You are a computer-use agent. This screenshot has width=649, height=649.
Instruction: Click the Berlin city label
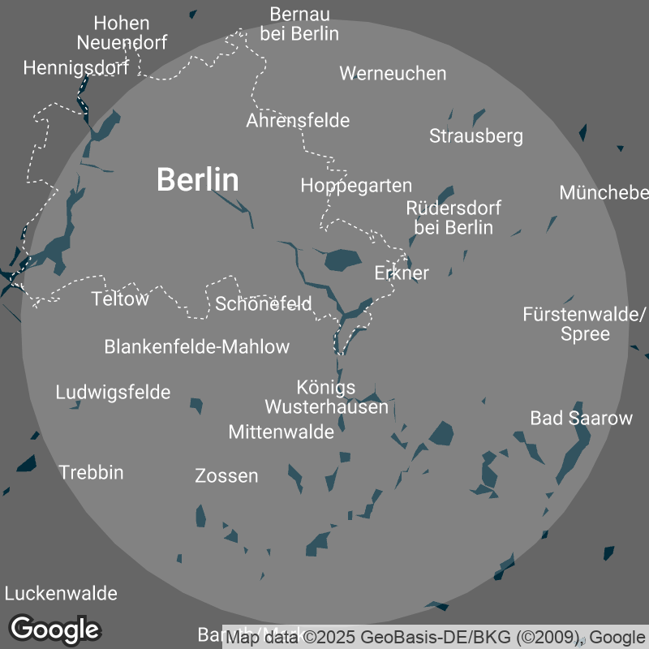click(198, 179)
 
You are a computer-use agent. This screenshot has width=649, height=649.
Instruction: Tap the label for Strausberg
click(476, 135)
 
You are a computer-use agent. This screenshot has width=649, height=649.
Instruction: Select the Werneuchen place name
click(393, 73)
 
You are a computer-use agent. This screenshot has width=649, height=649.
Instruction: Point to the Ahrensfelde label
click(298, 121)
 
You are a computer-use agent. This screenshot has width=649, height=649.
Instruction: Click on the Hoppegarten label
click(356, 186)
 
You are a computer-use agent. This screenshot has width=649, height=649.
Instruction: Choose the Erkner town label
click(402, 273)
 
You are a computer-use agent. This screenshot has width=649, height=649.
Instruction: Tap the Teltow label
click(120, 299)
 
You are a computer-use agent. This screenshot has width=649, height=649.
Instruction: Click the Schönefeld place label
click(264, 304)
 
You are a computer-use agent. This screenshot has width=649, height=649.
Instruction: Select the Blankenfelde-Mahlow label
click(197, 347)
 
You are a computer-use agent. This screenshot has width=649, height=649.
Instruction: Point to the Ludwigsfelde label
click(113, 393)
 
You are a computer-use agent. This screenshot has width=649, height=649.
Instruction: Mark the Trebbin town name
click(91, 472)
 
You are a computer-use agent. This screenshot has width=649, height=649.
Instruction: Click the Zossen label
click(227, 476)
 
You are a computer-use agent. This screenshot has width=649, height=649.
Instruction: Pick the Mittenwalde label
click(281, 432)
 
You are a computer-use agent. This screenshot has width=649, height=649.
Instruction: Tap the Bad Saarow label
click(581, 419)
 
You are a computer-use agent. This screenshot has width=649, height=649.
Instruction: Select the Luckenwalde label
click(61, 594)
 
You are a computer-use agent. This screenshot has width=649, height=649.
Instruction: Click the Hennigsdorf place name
click(76, 68)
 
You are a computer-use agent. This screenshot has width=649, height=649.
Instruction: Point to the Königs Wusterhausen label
click(326, 397)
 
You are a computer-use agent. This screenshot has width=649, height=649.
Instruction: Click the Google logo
click(54, 629)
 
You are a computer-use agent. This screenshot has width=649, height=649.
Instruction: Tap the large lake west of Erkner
click(342, 260)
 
